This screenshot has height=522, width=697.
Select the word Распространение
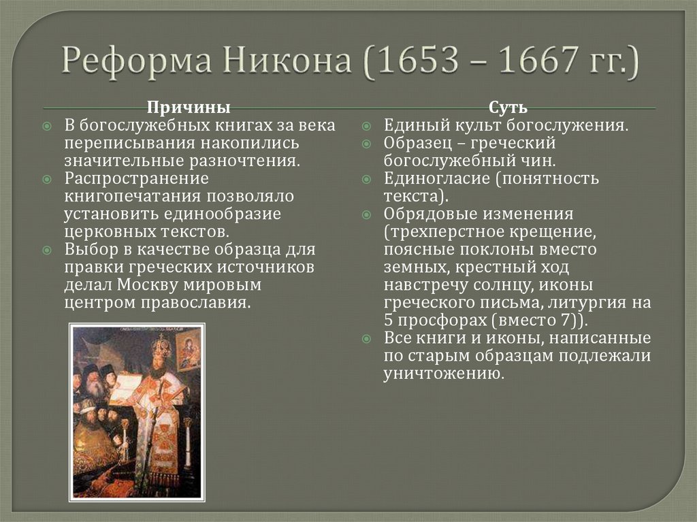pos(136,178)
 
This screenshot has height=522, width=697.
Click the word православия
pos(197,302)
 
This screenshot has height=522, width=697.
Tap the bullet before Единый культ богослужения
pos(366,127)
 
